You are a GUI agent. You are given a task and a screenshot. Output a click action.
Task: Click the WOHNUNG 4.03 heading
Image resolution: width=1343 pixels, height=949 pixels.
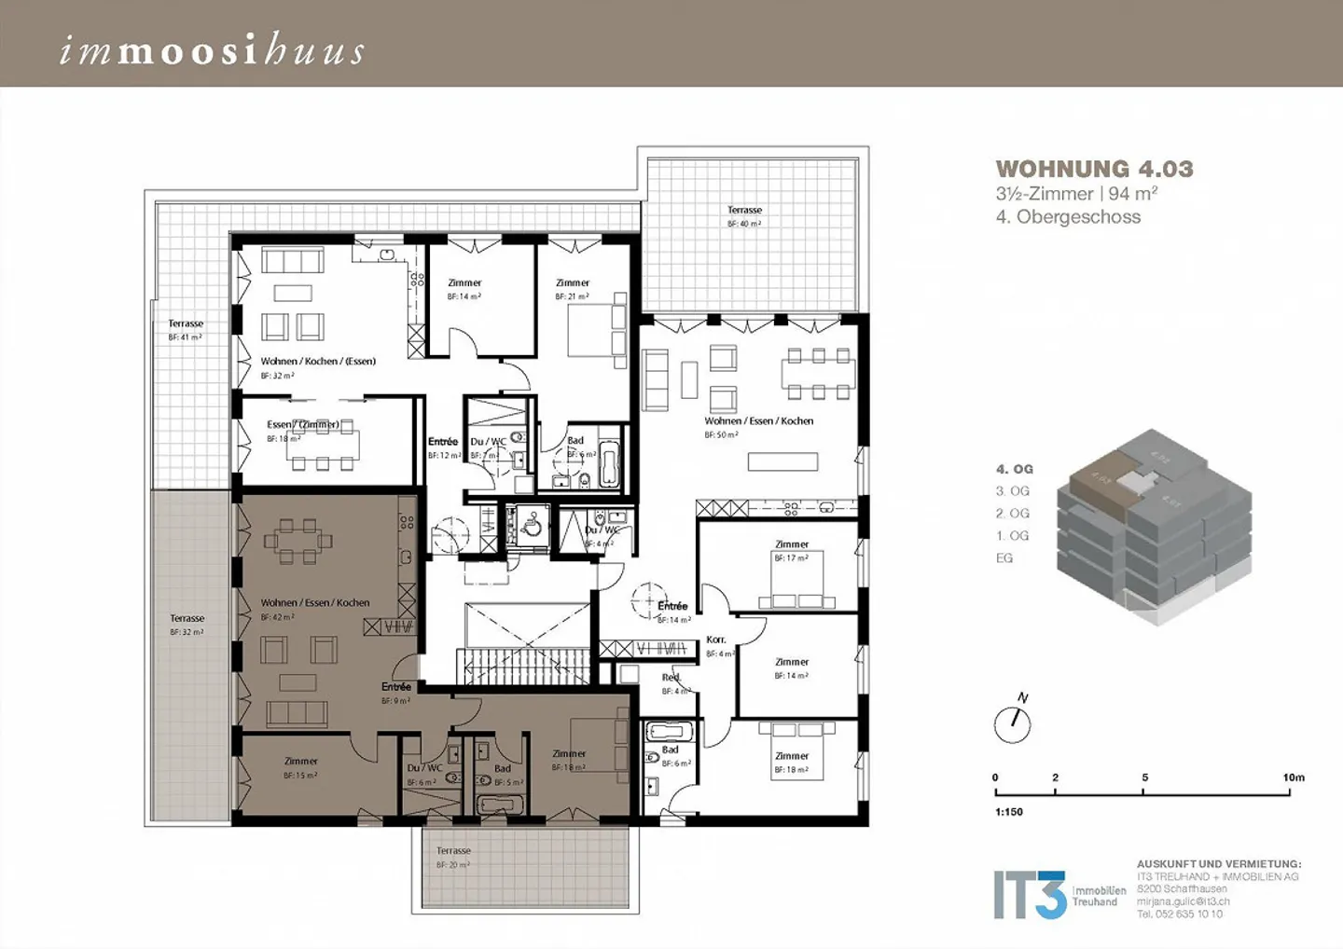tap(1094, 169)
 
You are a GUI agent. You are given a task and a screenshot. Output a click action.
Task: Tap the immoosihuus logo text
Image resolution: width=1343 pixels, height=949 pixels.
tap(212, 50)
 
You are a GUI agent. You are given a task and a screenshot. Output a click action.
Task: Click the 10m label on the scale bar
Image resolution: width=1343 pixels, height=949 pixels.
tap(1293, 777)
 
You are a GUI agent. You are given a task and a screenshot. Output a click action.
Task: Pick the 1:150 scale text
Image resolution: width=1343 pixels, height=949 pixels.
tap(1008, 812)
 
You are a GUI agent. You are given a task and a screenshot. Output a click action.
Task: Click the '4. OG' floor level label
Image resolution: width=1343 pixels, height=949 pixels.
tap(1014, 469)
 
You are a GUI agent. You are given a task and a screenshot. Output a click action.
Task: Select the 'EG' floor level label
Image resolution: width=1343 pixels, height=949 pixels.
tap(1004, 558)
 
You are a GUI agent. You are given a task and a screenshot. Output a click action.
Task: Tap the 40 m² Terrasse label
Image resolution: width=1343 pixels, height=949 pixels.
tap(744, 211)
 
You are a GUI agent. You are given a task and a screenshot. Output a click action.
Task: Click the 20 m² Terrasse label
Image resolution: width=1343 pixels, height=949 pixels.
tap(453, 851)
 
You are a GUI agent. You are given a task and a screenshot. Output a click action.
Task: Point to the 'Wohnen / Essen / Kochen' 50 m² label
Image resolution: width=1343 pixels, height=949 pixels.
tap(758, 421)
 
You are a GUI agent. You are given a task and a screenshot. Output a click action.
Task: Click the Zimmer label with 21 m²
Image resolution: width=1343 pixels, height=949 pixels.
tap(573, 283)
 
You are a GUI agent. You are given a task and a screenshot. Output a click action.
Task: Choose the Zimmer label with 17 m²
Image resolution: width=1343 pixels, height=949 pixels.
tap(792, 544)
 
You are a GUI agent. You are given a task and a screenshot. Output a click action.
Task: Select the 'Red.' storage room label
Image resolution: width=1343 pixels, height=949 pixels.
tap(671, 678)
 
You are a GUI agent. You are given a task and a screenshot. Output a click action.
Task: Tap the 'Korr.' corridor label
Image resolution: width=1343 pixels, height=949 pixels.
tap(715, 640)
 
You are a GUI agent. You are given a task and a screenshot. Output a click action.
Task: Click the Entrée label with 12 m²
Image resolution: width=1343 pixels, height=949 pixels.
tap(443, 442)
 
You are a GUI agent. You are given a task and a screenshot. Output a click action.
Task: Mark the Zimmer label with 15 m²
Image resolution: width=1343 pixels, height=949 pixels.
tap(300, 762)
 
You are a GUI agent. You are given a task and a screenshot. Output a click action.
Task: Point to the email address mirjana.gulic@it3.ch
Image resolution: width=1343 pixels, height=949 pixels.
tap(1183, 901)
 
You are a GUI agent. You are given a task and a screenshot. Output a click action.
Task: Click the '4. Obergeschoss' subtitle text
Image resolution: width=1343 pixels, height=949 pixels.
tap(1068, 217)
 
